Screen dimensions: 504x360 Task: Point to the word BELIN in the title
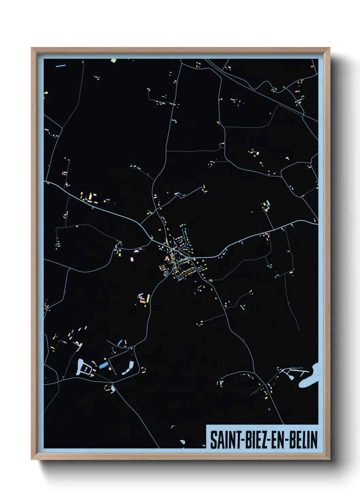[x=304, y=440]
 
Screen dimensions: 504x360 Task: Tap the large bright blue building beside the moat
[x=103, y=366]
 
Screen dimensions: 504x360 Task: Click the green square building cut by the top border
[x=113, y=61]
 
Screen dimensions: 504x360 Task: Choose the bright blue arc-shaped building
[x=120, y=342]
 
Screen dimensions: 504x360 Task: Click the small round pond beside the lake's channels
[x=291, y=377]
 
